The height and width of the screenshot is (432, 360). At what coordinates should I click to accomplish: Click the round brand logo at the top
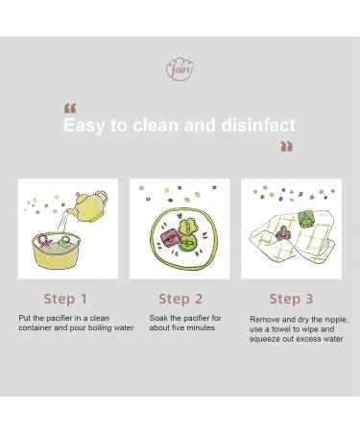point(180,69)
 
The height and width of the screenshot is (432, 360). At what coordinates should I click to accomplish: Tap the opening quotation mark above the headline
point(70,108)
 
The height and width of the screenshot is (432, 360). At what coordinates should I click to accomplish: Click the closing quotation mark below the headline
point(286,146)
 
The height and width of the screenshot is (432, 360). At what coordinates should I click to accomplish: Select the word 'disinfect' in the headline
point(258,125)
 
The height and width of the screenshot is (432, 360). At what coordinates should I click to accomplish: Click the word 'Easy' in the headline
point(84,126)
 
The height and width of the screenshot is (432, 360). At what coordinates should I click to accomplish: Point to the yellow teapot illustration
point(87,206)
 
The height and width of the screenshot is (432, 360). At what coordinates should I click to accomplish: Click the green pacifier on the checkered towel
point(306,219)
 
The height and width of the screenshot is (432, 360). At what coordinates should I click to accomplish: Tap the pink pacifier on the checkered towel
point(282,233)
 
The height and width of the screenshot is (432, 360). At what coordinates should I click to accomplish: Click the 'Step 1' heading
point(65,299)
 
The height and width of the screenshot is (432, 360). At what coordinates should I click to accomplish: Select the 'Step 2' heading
point(180,299)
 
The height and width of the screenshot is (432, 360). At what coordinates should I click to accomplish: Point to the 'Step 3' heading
point(291,299)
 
